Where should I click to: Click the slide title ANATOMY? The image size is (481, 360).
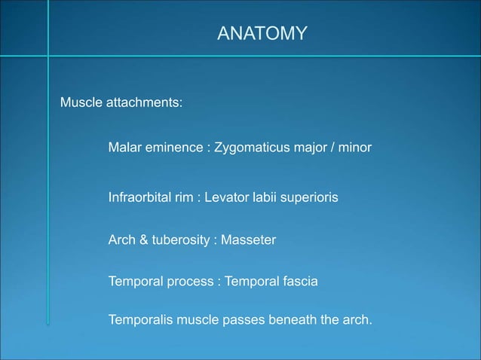(x=262, y=34)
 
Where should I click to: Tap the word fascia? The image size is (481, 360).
(x=299, y=282)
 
